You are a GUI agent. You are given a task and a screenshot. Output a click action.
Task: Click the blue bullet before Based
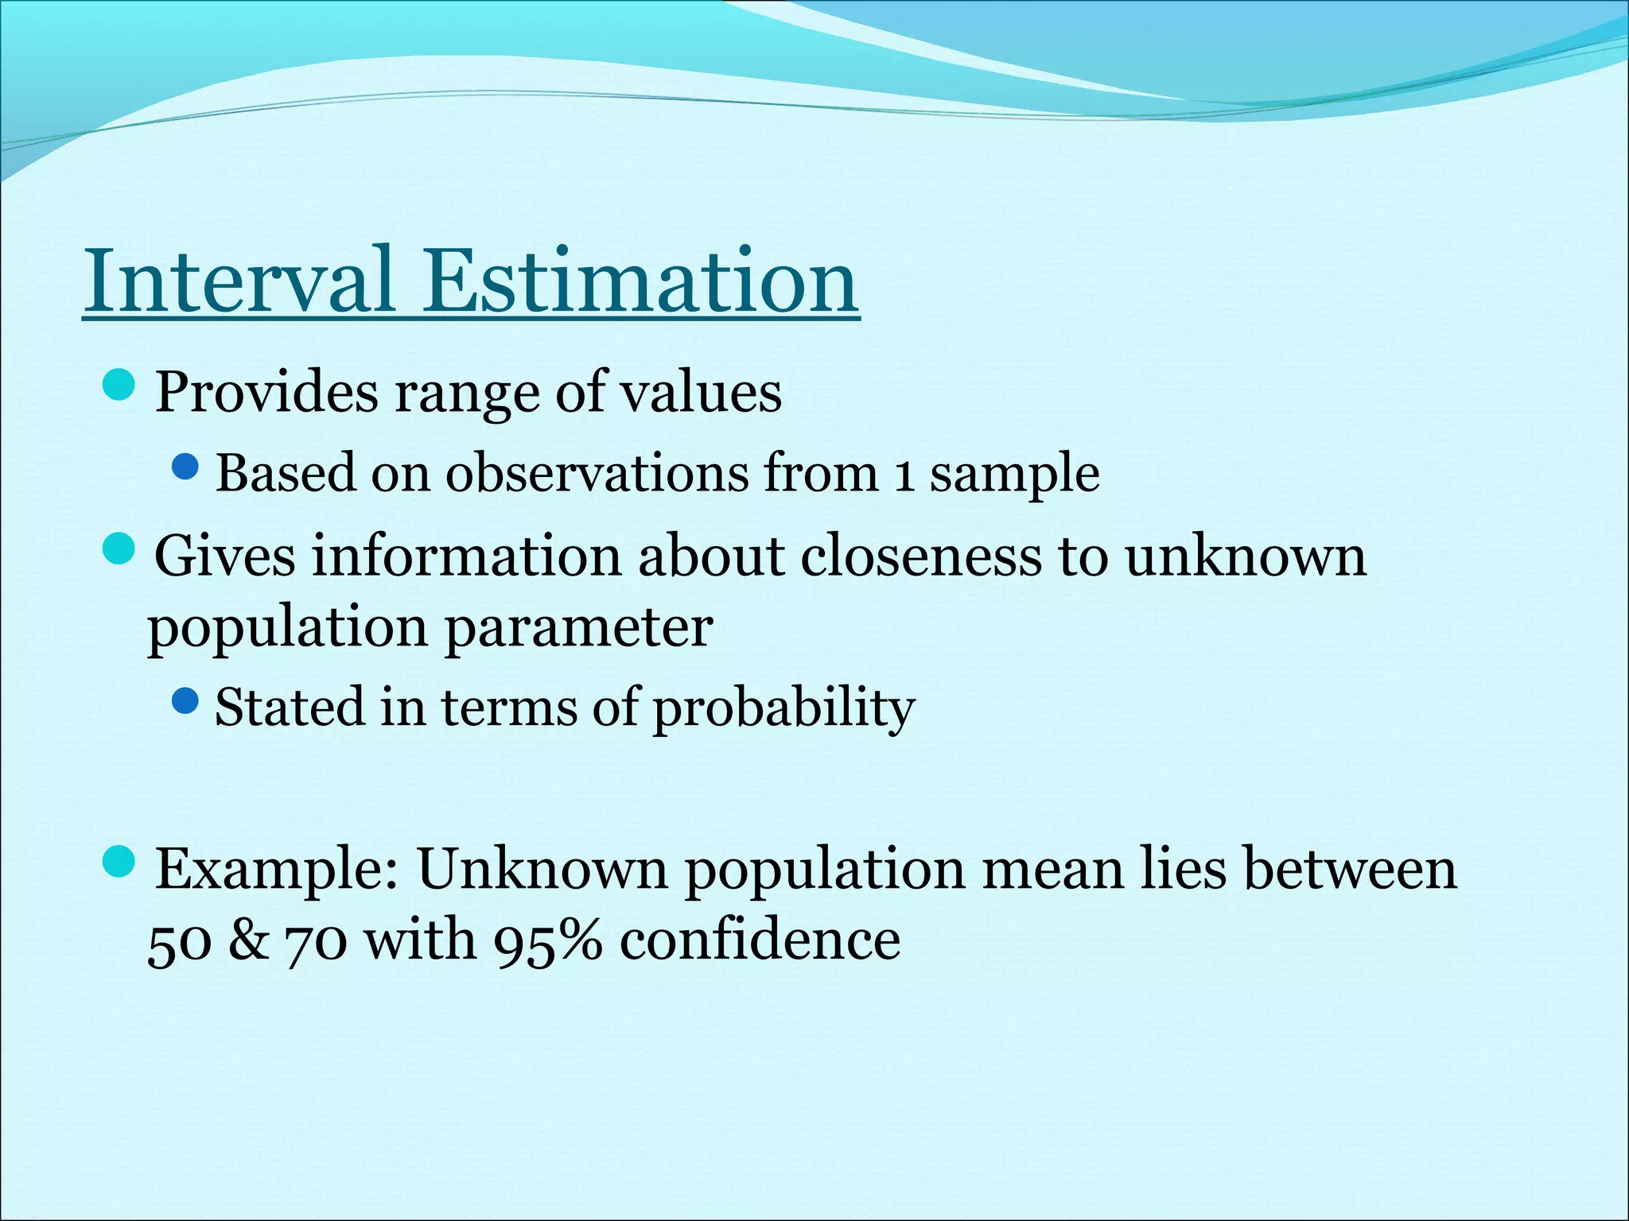tap(185, 467)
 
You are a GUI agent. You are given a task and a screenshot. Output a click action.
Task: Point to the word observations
tap(597, 473)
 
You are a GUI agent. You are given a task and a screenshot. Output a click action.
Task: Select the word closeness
tap(920, 556)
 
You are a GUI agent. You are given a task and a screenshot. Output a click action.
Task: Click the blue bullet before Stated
tap(185, 700)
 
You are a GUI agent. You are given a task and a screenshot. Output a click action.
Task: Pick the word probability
tap(783, 707)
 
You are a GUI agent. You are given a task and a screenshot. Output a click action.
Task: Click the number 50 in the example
tap(180, 942)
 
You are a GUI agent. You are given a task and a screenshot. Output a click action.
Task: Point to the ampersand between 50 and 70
tap(248, 940)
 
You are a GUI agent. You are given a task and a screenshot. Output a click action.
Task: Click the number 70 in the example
tap(316, 942)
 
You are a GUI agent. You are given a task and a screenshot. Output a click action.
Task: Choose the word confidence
tap(760, 940)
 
